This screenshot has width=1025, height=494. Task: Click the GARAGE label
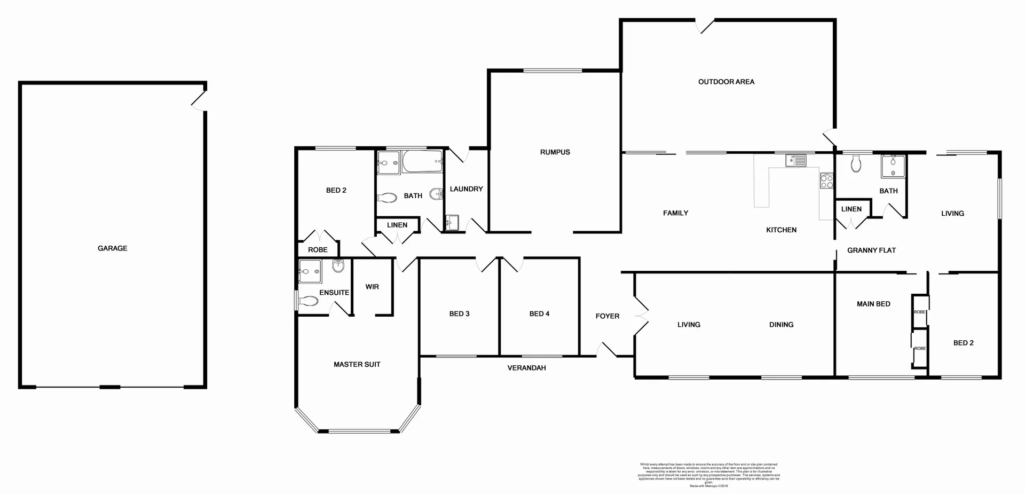(x=112, y=248)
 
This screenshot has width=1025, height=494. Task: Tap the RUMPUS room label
(x=555, y=152)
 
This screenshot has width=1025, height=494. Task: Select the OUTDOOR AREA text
(x=726, y=82)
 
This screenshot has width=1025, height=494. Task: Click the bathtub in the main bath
(x=422, y=162)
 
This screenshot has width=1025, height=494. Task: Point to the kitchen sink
(x=795, y=160)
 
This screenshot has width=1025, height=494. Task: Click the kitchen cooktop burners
(x=826, y=181)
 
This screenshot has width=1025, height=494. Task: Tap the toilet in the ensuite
(x=309, y=301)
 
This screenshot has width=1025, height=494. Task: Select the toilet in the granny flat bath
(x=856, y=163)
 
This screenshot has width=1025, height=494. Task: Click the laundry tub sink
(x=452, y=222)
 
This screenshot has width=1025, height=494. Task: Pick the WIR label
(x=372, y=287)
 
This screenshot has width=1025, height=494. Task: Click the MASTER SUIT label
(x=357, y=364)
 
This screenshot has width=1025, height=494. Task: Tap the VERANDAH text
(x=526, y=367)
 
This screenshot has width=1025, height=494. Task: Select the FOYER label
(x=607, y=316)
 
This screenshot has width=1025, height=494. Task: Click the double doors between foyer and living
(x=641, y=316)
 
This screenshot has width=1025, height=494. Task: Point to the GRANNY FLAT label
(x=871, y=250)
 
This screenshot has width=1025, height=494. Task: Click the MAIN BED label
(x=873, y=304)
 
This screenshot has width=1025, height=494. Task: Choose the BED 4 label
(x=539, y=313)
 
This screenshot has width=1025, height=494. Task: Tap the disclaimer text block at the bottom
(x=708, y=475)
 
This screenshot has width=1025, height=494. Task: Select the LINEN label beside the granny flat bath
(x=851, y=209)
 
